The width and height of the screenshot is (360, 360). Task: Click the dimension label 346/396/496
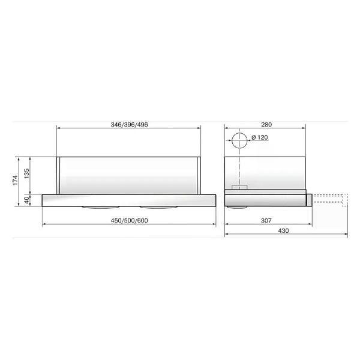129,125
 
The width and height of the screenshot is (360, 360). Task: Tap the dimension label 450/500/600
129,221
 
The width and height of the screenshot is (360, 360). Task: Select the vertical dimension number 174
15,180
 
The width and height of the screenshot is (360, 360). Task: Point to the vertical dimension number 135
26,173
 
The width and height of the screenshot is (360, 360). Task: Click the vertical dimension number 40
27,200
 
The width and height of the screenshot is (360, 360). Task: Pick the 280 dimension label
266,125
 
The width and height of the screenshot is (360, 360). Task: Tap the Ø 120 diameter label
260,137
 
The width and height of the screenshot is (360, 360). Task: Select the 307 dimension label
266,221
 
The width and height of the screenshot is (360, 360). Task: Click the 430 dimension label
283,231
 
